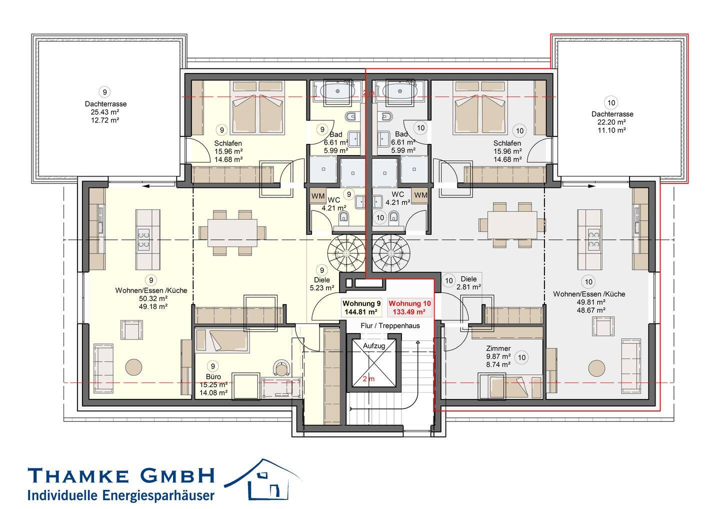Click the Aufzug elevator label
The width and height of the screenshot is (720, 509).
[374, 346]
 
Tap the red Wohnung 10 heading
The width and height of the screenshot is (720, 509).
[409, 303]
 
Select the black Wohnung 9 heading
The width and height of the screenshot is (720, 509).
[361, 303]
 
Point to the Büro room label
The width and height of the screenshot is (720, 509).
[213, 376]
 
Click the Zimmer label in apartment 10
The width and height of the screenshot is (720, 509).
[498, 348]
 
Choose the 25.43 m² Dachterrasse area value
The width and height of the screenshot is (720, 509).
[105, 112]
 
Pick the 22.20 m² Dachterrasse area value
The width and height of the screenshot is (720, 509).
[611, 122]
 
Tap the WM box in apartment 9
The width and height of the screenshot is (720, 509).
[318, 195]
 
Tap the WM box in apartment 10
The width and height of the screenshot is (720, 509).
[420, 195]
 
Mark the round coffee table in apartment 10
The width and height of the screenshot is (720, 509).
[596, 368]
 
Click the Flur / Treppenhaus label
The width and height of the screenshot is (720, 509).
[390, 326]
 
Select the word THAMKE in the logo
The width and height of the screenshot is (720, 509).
[78, 475]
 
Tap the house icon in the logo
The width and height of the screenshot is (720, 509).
[262, 479]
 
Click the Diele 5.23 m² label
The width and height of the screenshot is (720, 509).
[322, 283]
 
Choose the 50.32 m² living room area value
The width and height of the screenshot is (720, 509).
[153, 298]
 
